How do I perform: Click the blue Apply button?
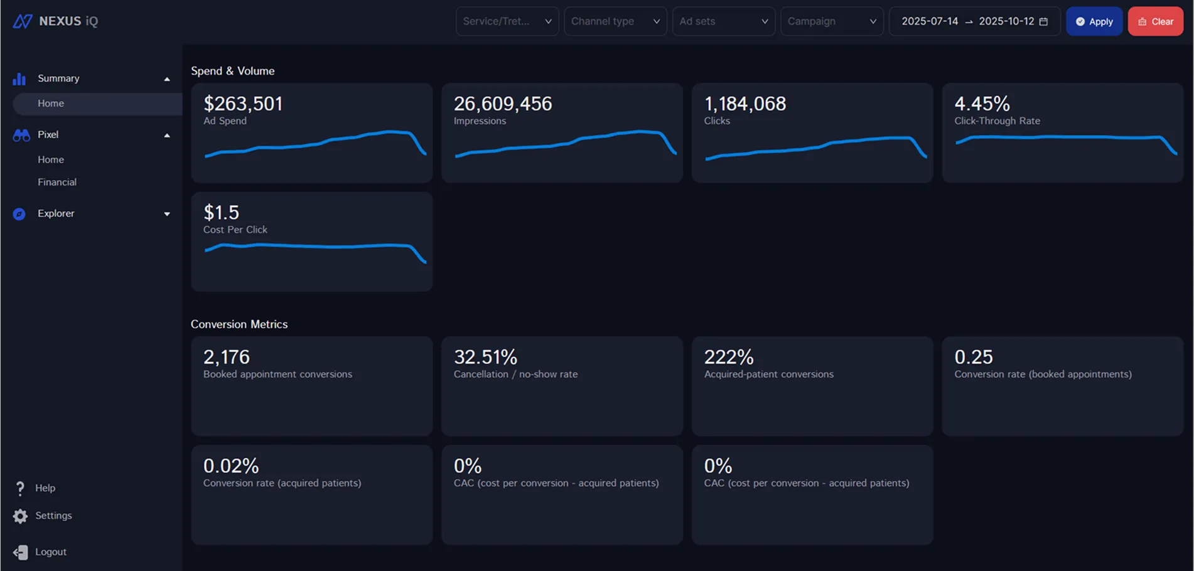click(x=1094, y=21)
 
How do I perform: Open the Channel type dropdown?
click(x=615, y=21)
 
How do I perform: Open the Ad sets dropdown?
click(x=723, y=21)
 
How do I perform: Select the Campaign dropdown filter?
click(x=831, y=21)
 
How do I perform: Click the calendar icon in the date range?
click(x=1043, y=21)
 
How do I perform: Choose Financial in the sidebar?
click(x=57, y=182)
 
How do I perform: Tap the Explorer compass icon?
click(x=19, y=214)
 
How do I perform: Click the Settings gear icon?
click(x=20, y=516)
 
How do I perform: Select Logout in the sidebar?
click(x=50, y=552)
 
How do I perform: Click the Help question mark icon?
click(x=20, y=488)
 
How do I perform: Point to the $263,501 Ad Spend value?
click(x=243, y=104)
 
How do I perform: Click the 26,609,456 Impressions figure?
click(x=502, y=104)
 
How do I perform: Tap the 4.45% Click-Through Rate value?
click(x=982, y=104)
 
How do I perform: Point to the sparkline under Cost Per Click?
click(x=314, y=248)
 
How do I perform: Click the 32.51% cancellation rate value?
click(x=485, y=357)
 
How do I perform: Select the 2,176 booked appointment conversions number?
click(x=226, y=357)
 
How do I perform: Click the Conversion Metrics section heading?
click(x=239, y=324)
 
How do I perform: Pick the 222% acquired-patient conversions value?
click(x=728, y=357)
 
